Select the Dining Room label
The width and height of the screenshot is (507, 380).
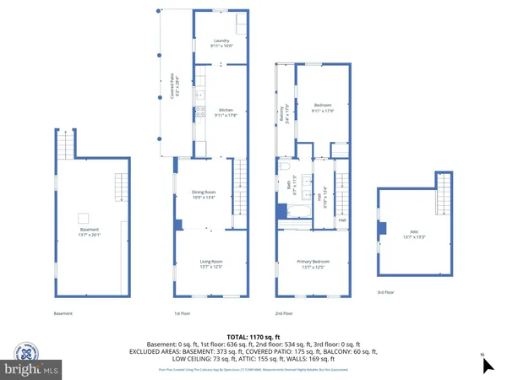211,194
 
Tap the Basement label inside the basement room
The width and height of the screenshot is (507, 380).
89,232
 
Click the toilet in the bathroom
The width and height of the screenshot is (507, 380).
285,167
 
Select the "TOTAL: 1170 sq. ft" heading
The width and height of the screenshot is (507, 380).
253,335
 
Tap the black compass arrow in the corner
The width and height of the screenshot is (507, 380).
487,365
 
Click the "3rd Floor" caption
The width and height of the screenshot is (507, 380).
387,293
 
